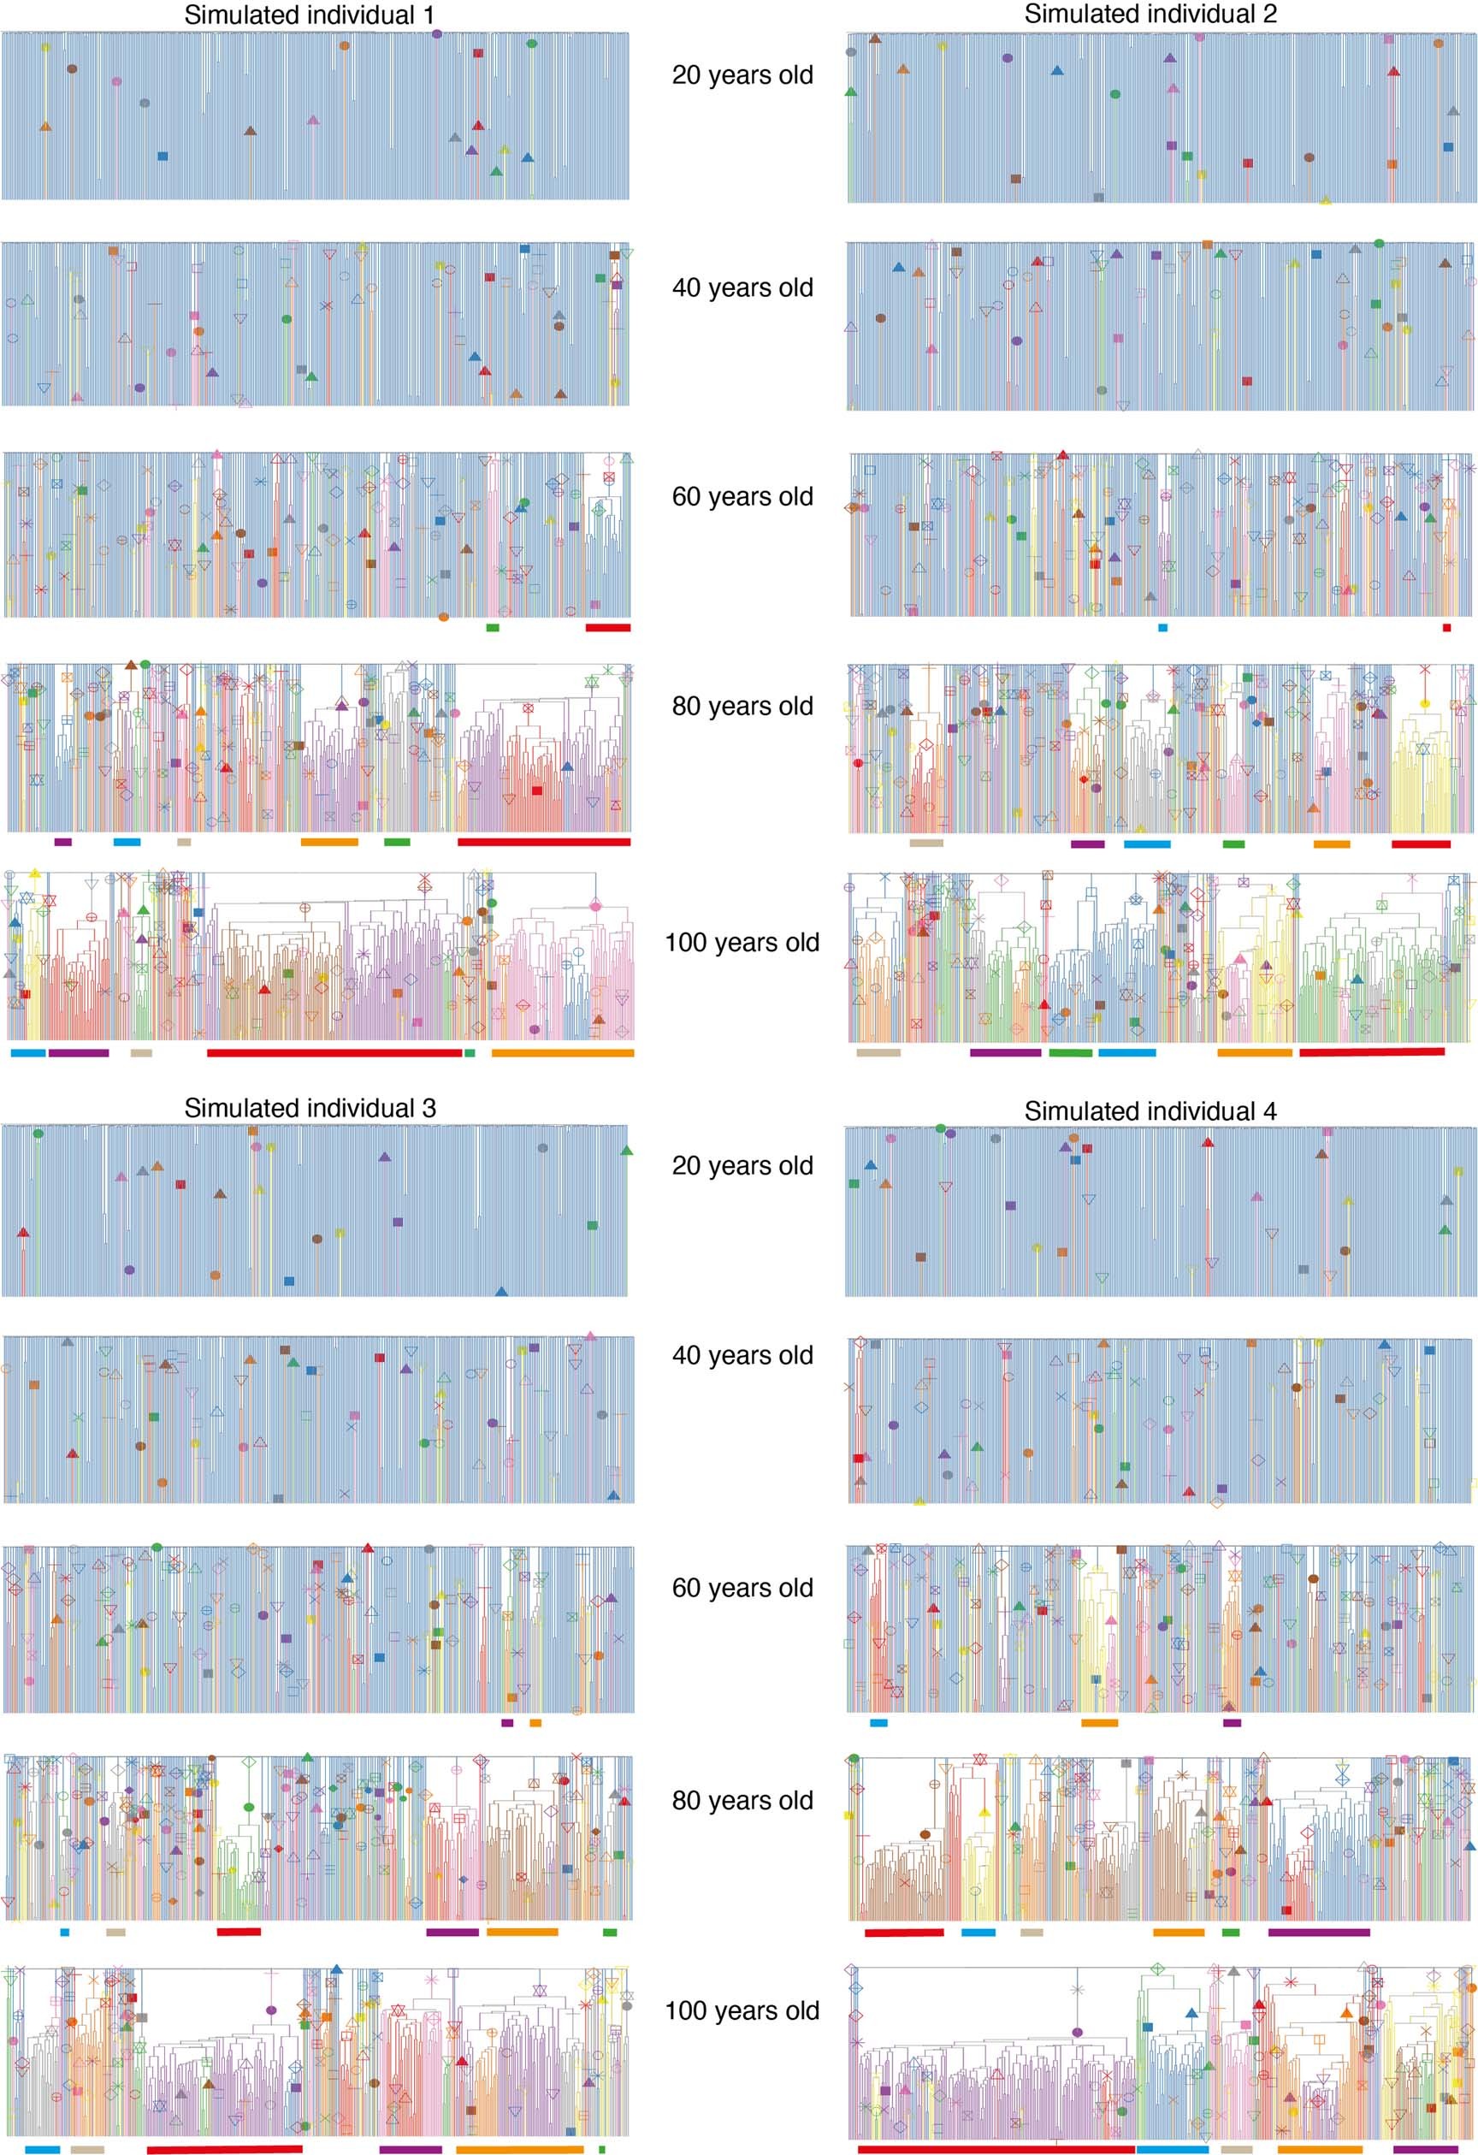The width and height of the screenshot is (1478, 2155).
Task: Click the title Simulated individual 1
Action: [309, 15]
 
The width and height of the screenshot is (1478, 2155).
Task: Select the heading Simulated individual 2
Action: [1150, 14]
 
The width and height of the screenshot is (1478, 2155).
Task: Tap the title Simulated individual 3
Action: [309, 1108]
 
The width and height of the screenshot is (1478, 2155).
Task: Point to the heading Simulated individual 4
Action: [1150, 1111]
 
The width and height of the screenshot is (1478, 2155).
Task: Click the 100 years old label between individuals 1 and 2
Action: [742, 942]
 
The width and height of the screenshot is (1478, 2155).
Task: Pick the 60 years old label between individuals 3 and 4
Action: [742, 1588]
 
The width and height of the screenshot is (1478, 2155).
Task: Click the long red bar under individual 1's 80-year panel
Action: [543, 842]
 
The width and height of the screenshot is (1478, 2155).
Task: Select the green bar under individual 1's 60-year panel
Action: [493, 628]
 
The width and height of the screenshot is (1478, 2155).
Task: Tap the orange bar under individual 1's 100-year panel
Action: [562, 1052]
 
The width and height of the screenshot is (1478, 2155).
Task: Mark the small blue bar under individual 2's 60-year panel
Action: [1162, 628]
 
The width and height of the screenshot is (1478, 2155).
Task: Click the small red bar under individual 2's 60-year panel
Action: [1446, 628]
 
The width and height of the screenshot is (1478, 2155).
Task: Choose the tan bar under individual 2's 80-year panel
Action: [926, 843]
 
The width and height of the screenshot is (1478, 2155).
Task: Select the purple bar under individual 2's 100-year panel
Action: [1005, 1052]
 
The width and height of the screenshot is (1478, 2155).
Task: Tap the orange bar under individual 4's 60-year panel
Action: [1099, 1723]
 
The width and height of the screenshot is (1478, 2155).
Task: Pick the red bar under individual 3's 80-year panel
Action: [239, 1932]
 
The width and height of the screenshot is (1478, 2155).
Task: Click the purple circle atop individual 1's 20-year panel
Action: [437, 33]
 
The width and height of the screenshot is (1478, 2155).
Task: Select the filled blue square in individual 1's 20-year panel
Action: [163, 157]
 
